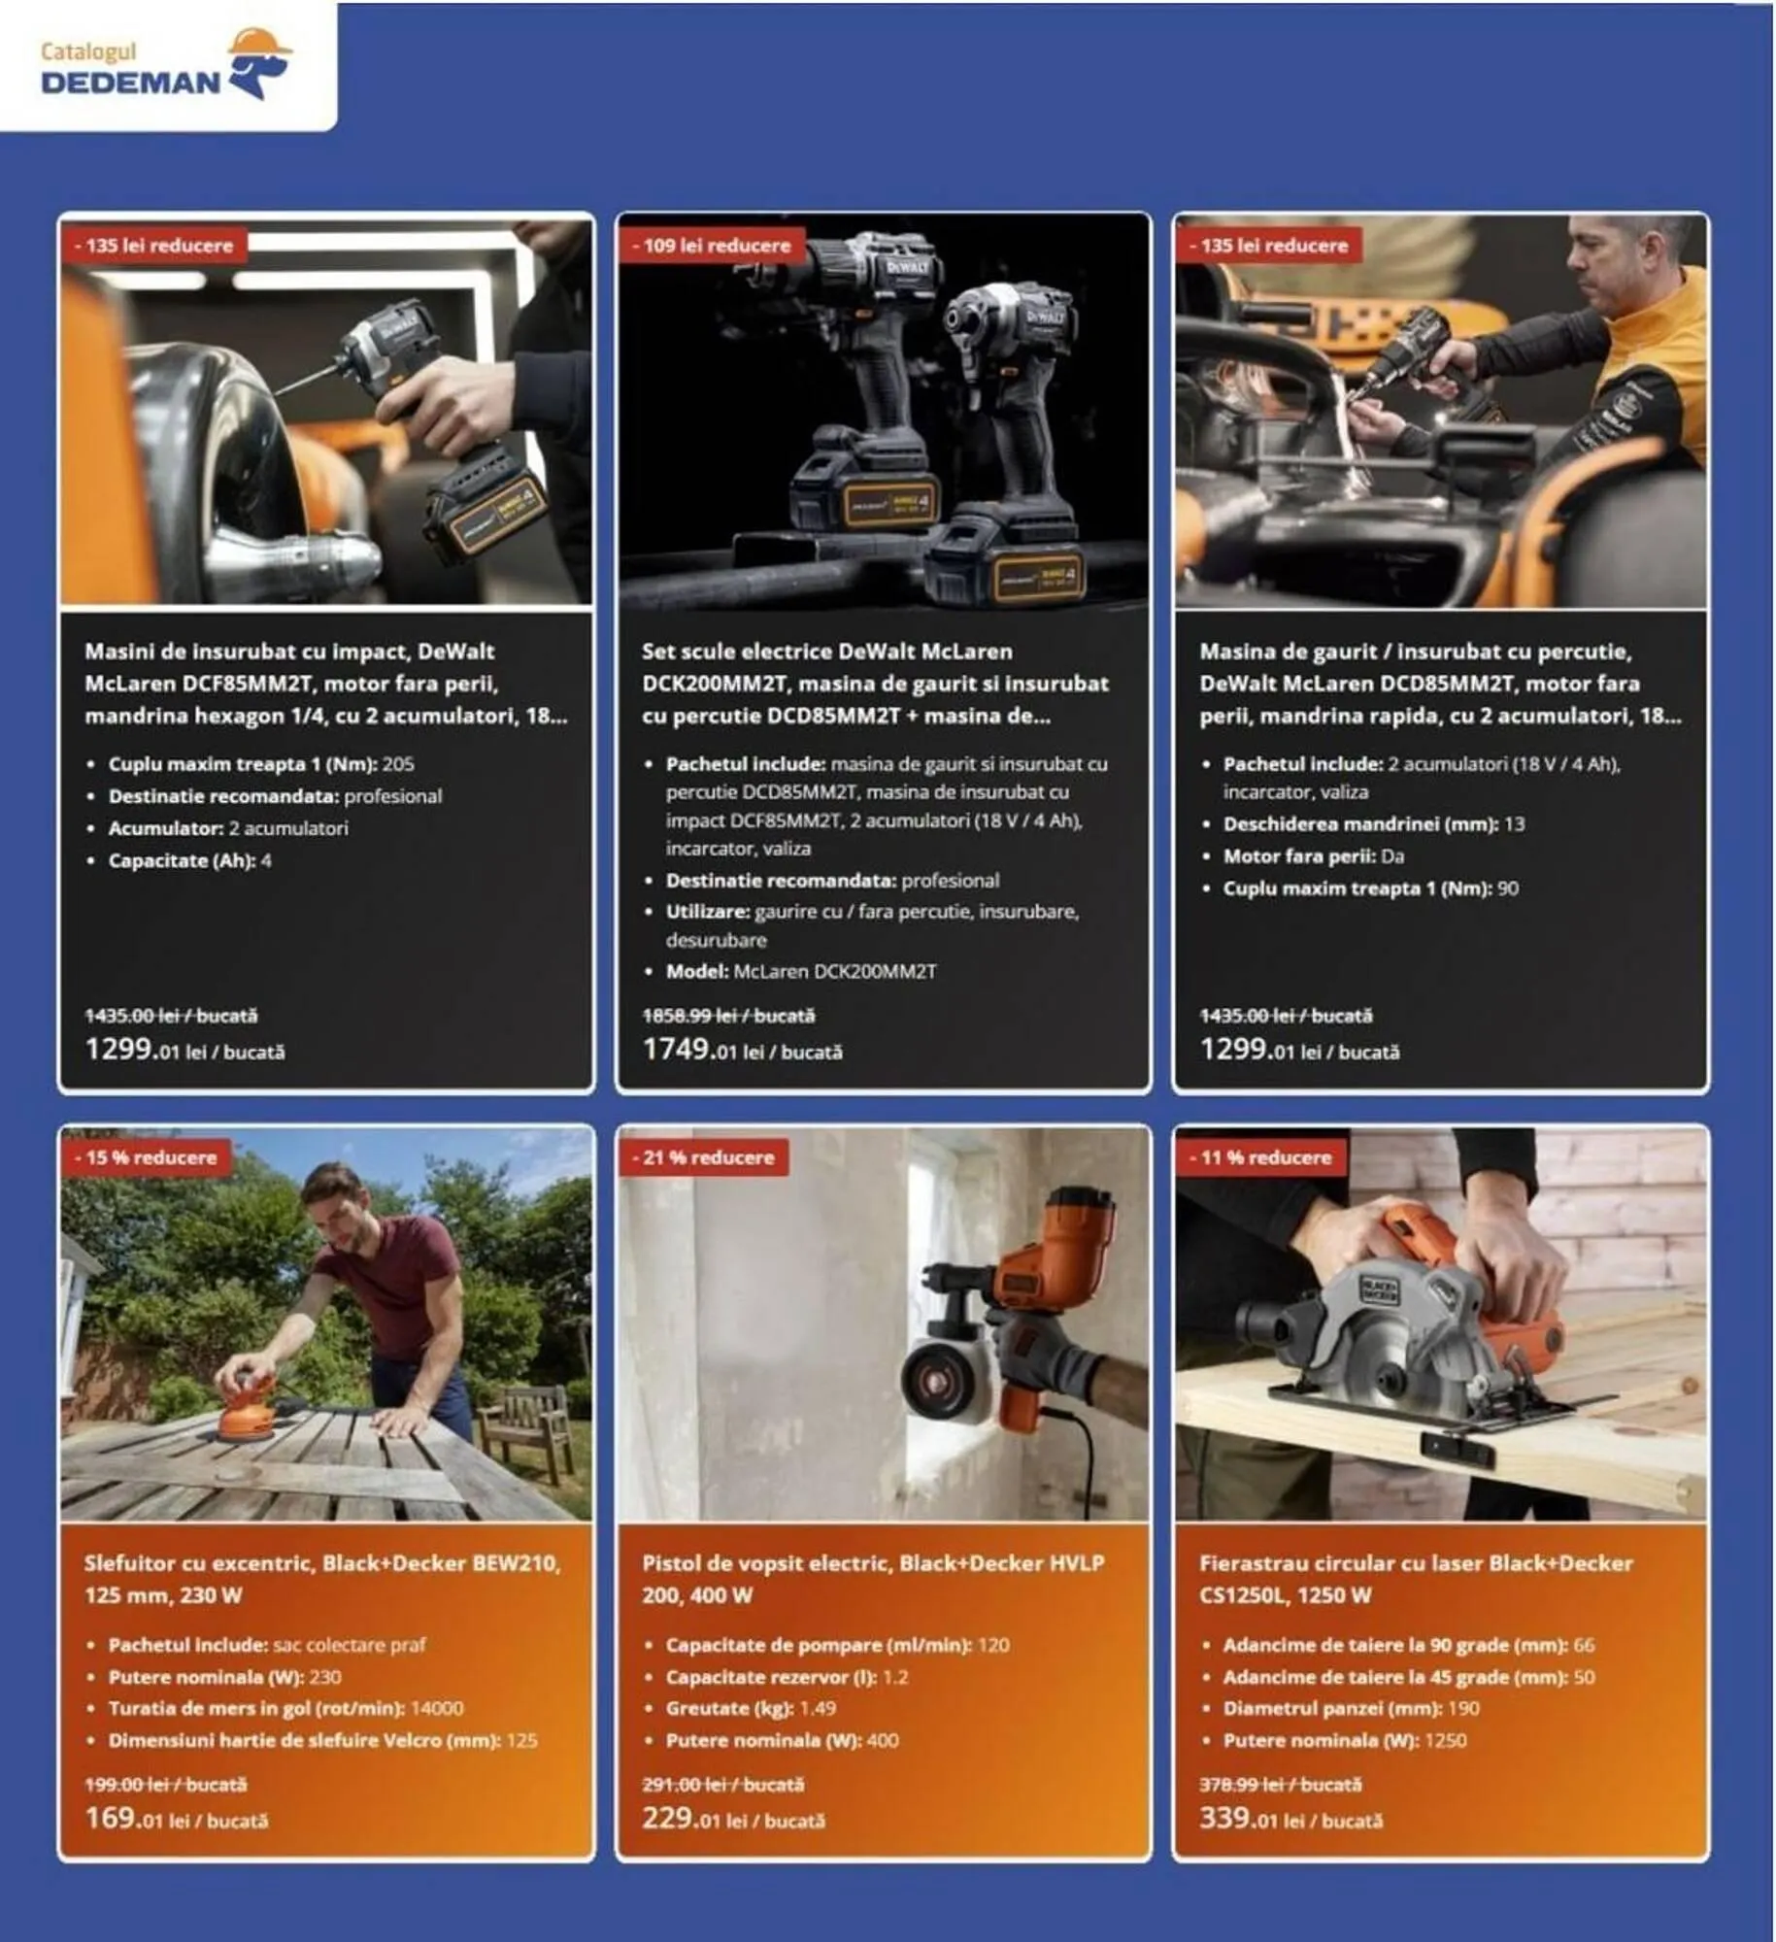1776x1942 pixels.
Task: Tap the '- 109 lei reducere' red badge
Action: tap(711, 246)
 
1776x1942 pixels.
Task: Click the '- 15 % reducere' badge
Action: tap(146, 1157)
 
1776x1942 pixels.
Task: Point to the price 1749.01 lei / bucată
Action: tap(742, 1050)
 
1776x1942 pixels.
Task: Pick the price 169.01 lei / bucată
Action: tap(176, 1818)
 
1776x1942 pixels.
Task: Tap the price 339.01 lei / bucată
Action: tap(1290, 1818)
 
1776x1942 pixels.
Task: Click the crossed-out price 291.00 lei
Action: tap(722, 1784)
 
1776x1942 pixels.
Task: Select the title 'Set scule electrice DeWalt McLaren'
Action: tap(826, 652)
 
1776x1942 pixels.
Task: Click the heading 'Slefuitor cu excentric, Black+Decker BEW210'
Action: tap(321, 1563)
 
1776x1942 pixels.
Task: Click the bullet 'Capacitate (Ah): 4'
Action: tap(189, 860)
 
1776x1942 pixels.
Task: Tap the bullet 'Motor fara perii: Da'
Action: tap(1313, 856)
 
